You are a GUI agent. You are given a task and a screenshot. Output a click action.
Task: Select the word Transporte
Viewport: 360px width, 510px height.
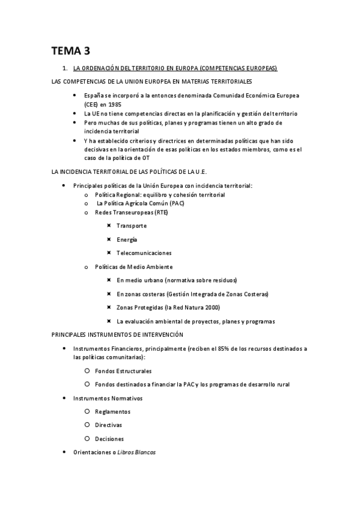point(132,226)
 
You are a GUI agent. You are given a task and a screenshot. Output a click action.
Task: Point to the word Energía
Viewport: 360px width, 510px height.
point(127,239)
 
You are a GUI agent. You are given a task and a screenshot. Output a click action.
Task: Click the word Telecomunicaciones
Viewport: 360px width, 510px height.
point(144,253)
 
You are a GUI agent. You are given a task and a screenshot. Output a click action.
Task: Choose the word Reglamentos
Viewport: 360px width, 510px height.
point(113,411)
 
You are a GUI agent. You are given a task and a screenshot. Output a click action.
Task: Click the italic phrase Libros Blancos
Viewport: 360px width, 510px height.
point(137,452)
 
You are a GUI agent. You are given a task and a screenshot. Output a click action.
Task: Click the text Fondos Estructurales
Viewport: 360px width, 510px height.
point(123,371)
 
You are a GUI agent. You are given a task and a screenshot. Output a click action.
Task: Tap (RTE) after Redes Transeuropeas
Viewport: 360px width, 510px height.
point(160,212)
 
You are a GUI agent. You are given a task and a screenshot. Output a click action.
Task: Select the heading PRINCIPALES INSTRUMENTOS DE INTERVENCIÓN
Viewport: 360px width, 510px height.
point(118,334)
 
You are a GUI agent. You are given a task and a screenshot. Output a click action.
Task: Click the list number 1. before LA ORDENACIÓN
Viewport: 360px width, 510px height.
point(66,68)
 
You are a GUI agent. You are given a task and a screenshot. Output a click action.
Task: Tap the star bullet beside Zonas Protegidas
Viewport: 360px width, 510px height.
point(109,307)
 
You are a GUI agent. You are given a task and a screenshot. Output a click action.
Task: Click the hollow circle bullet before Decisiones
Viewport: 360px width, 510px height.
point(88,438)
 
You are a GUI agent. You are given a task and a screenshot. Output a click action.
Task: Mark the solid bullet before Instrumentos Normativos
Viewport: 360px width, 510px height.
point(65,398)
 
